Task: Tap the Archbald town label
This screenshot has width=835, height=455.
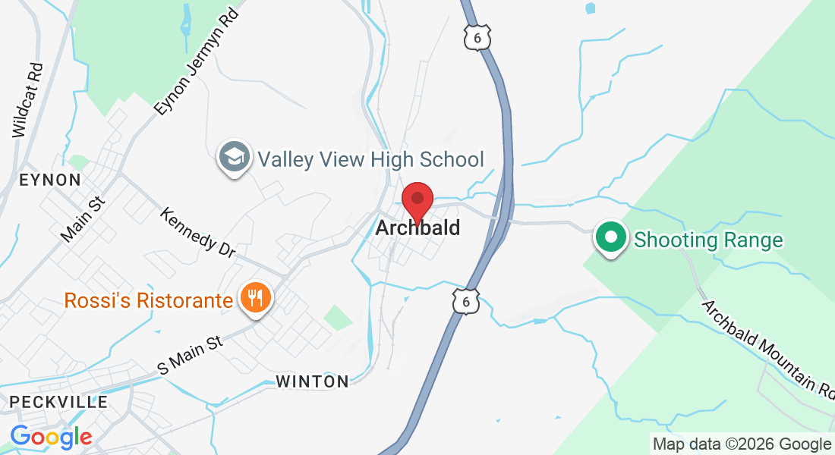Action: pyautogui.click(x=417, y=227)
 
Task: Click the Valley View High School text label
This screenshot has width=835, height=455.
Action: pyautogui.click(x=370, y=159)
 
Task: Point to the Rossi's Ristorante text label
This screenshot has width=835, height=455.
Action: pyautogui.click(x=148, y=300)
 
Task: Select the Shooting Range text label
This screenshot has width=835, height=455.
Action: pyautogui.click(x=707, y=240)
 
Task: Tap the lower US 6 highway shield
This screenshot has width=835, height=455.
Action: pyautogui.click(x=465, y=299)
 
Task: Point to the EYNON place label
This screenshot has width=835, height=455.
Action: pyautogui.click(x=50, y=180)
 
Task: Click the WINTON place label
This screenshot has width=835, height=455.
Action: pyautogui.click(x=312, y=381)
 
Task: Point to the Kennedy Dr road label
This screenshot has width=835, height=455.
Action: pyautogui.click(x=197, y=231)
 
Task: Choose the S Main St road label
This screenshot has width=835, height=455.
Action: pyautogui.click(x=190, y=354)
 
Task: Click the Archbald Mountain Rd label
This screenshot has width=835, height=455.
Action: pyautogui.click(x=767, y=347)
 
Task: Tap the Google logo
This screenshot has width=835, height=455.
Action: pyautogui.click(x=51, y=437)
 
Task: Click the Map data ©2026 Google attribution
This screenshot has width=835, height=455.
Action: pyautogui.click(x=742, y=444)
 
